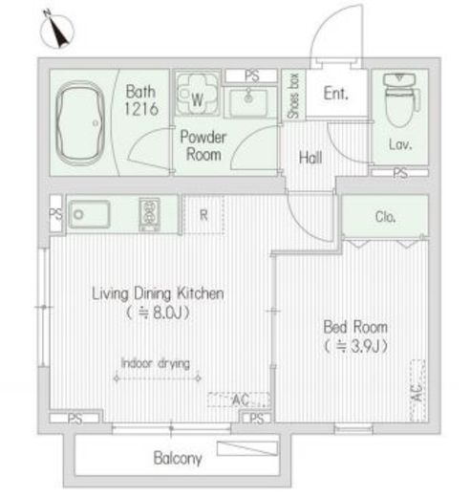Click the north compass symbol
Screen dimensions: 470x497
pyautogui.click(x=56, y=31)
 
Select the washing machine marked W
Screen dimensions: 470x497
pyautogui.click(x=197, y=95)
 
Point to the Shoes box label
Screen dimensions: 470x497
pyautogui.click(x=293, y=96)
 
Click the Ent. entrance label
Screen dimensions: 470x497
pyautogui.click(x=335, y=94)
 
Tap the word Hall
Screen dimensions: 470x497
pyautogui.click(x=310, y=158)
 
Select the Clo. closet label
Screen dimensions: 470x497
pyautogui.click(x=385, y=217)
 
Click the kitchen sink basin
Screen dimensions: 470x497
pyautogui.click(x=90, y=214)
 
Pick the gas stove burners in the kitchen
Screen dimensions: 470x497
pyautogui.click(x=149, y=213)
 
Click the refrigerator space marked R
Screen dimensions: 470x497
pyautogui.click(x=203, y=215)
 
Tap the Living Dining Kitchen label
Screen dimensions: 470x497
pyautogui.click(x=158, y=293)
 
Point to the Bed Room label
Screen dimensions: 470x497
pyautogui.click(x=355, y=327)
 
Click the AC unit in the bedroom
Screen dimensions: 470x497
pyautogui.click(x=417, y=391)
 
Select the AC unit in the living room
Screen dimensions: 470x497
pyautogui.click(x=239, y=400)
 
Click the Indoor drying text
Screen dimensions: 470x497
pyautogui.click(x=156, y=363)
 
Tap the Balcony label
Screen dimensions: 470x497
pyautogui.click(x=178, y=458)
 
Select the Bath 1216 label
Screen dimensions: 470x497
pyautogui.click(x=140, y=100)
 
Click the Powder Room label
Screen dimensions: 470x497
pyautogui.click(x=203, y=146)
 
